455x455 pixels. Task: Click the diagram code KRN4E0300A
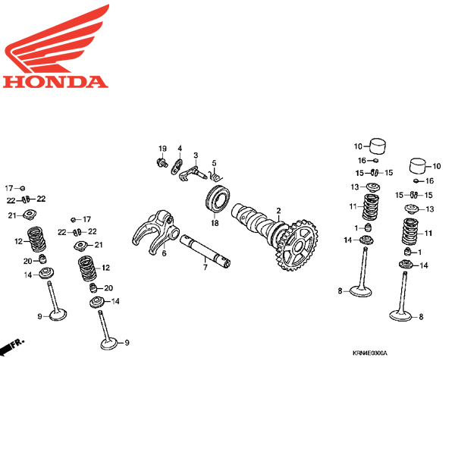tap(369, 353)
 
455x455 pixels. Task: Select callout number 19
tap(162, 147)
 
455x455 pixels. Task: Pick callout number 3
tap(195, 155)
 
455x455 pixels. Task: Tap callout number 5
tap(214, 162)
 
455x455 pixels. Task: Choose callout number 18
tap(215, 223)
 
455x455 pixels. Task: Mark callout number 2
tap(278, 210)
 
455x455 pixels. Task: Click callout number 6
tap(163, 253)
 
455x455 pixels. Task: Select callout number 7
tap(204, 267)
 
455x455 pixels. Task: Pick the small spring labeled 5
tap(215, 177)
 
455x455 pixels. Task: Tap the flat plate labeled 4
tap(176, 165)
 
